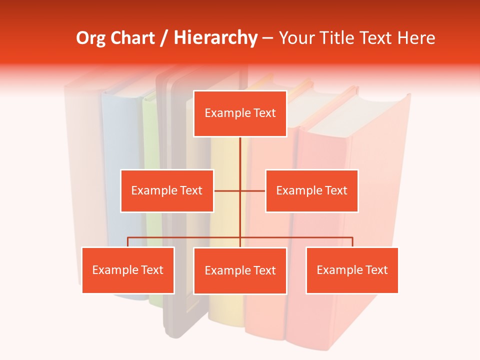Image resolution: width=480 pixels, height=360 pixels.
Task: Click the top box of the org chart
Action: (240, 113)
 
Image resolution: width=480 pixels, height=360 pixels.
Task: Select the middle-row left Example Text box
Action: (167, 190)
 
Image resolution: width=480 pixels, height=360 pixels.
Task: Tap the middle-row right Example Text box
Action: (311, 190)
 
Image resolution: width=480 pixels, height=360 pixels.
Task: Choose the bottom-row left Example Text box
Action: (128, 270)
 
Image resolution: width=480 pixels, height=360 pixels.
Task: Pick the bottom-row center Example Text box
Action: (240, 270)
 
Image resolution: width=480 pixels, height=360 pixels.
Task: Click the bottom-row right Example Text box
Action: (352, 270)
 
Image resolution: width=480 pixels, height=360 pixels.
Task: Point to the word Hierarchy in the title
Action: (215, 38)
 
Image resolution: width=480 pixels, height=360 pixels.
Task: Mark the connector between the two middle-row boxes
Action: (252, 190)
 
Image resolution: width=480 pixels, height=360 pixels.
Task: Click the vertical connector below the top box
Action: (240, 155)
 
